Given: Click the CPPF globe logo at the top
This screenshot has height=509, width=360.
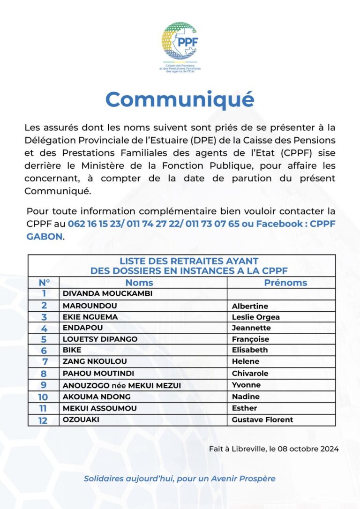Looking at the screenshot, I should pyautogui.click(x=180, y=41).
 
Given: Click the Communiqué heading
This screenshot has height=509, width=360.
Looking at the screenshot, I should pyautogui.click(x=180, y=99).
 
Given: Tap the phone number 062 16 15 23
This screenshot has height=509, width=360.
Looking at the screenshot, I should pyautogui.click(x=94, y=224).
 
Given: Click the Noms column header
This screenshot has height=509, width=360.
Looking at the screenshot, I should pyautogui.click(x=139, y=283).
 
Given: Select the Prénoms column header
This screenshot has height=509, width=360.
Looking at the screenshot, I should pyautogui.click(x=285, y=283).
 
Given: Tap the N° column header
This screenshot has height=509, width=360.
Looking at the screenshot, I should pyautogui.click(x=44, y=283).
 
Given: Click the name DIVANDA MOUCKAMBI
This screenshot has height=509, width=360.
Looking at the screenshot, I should pyautogui.click(x=108, y=294).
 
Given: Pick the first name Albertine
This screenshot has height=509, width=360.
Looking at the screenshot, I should pyautogui.click(x=250, y=306).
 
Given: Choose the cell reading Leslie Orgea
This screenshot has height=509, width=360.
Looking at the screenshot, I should pyautogui.click(x=255, y=317).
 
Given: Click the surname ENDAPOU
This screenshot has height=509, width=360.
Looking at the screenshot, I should pyautogui.click(x=82, y=328).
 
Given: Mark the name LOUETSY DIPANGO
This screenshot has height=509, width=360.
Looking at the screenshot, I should pyautogui.click(x=100, y=339).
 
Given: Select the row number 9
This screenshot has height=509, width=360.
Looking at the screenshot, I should pyautogui.click(x=44, y=385).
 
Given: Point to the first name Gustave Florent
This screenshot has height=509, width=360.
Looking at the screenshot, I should pyautogui.click(x=262, y=419).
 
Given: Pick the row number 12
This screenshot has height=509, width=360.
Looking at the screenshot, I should pyautogui.click(x=43, y=420).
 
